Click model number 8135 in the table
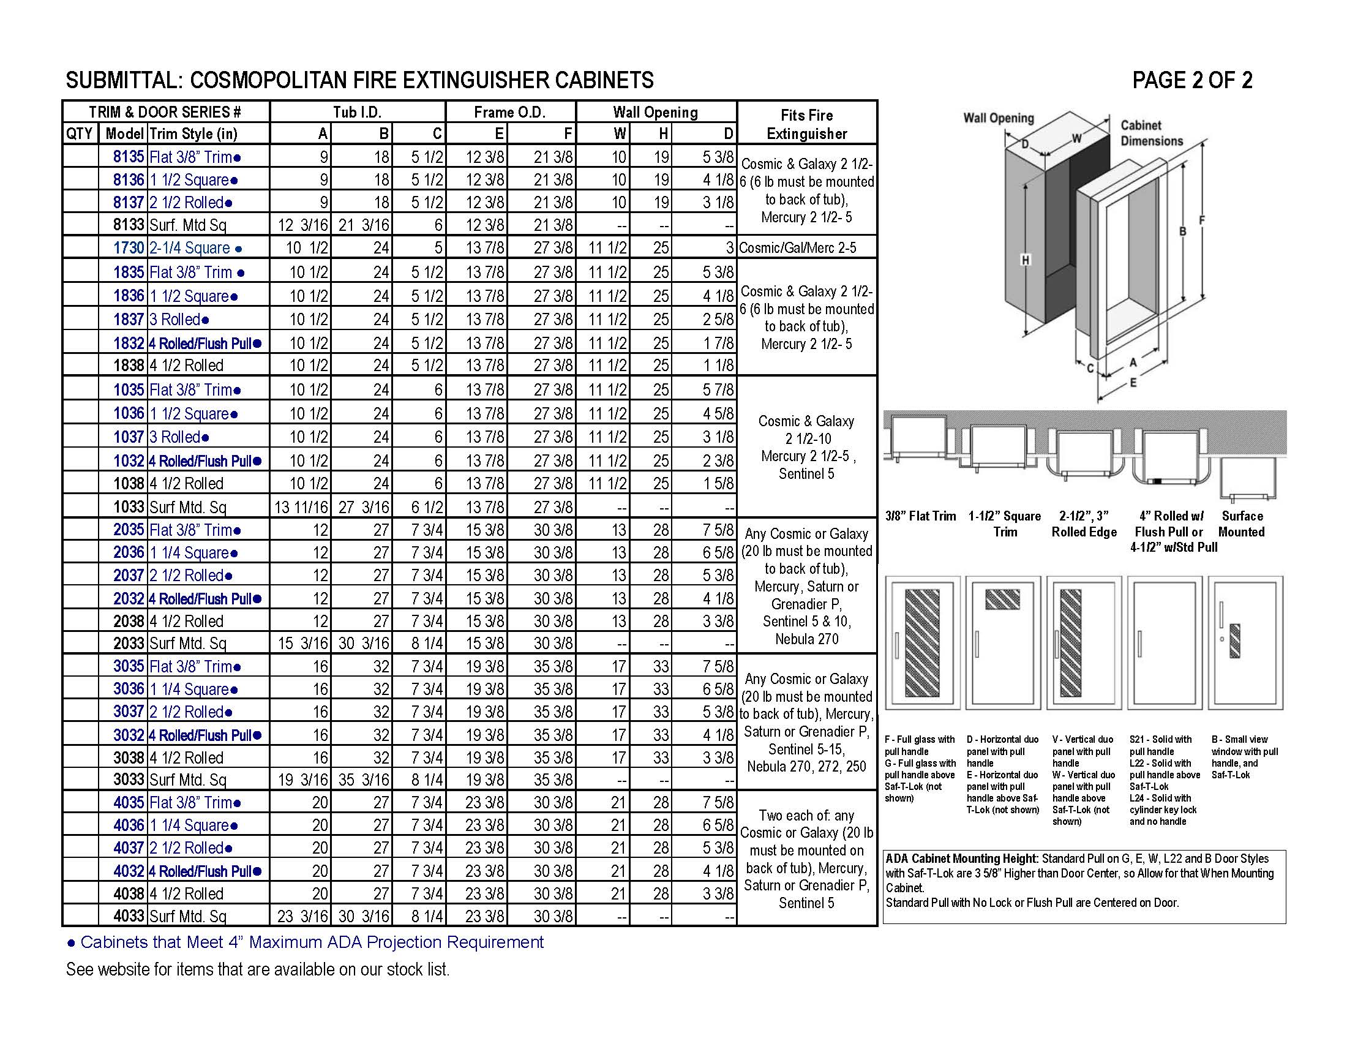tap(128, 157)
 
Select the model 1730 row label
tap(128, 248)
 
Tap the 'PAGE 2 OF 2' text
tap(1191, 80)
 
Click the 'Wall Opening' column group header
tap(655, 112)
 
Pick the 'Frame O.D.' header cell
tap(509, 112)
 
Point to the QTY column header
tap(79, 134)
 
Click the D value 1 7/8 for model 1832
tap(718, 343)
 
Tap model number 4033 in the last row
tap(128, 916)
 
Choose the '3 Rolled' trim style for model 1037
tap(179, 437)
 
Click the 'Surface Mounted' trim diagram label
tap(1242, 524)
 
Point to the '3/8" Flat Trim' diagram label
tap(920, 516)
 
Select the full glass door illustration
tap(922, 642)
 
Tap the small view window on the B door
tap(1235, 640)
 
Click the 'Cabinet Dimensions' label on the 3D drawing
tap(1152, 133)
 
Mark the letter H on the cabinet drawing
tap(1025, 260)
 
